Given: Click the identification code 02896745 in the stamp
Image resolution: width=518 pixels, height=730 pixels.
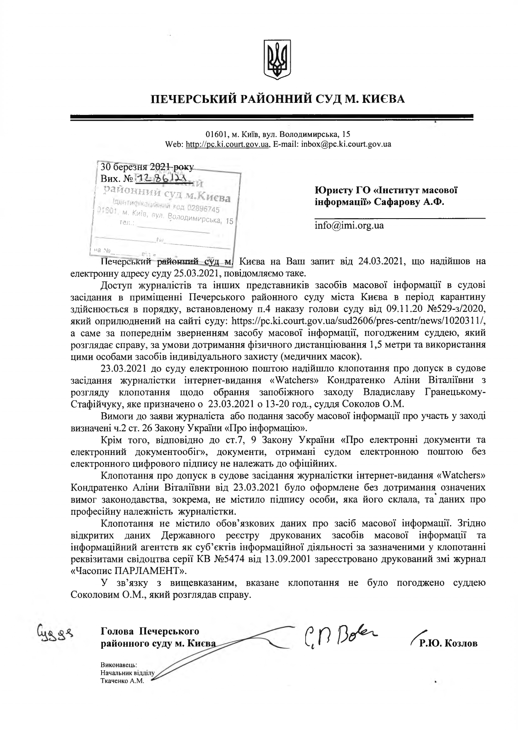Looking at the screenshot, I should (203, 209).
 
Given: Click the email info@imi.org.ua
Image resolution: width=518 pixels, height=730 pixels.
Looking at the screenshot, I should (349, 226).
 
